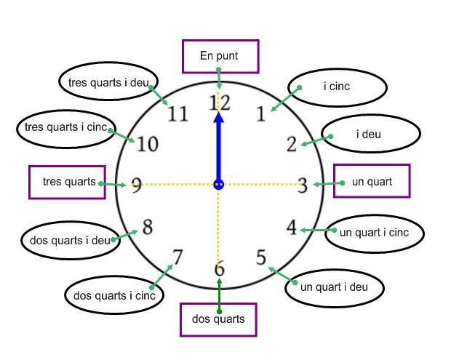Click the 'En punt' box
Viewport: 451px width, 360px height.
[219, 56]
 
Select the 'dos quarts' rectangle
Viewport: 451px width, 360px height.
[218, 319]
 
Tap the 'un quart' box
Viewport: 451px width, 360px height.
[372, 181]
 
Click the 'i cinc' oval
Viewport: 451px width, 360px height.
[337, 87]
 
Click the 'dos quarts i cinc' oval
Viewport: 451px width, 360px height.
[114, 295]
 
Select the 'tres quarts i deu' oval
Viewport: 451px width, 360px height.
[108, 82]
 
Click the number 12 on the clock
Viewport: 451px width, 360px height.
[219, 103]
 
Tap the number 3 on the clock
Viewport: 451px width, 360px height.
[302, 185]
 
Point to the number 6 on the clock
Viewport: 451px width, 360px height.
[219, 269]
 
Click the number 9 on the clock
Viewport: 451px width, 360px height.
[136, 185]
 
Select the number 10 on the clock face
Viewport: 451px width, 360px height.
[148, 144]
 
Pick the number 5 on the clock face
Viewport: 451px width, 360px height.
[261, 258]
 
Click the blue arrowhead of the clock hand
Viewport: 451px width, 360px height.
[218, 119]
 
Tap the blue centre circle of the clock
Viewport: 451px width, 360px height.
[218, 185]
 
